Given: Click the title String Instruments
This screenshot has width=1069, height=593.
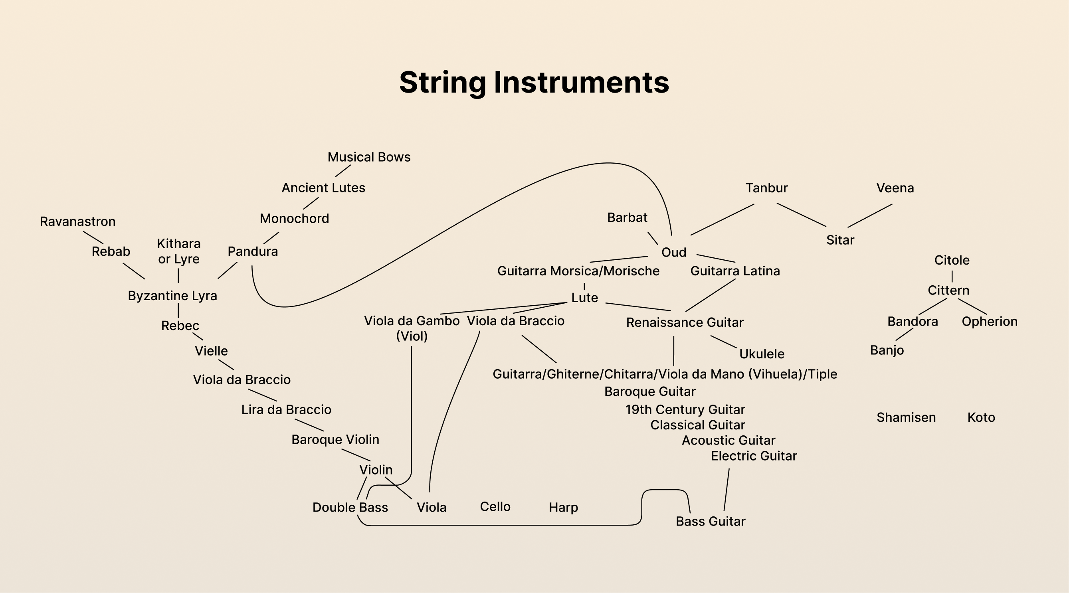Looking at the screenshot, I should [x=534, y=82].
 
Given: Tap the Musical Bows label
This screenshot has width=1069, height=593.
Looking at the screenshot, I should [x=369, y=157].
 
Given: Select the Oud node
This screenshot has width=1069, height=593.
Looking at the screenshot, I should [x=673, y=252].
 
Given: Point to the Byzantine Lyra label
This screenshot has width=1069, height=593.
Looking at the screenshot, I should [x=172, y=296].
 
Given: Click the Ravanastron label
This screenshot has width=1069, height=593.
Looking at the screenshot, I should [x=77, y=221].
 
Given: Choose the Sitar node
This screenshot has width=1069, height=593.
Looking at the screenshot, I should [x=840, y=240].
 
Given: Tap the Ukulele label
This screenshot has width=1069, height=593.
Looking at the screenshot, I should [x=762, y=354].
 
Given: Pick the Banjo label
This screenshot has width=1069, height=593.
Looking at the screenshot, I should [x=887, y=350].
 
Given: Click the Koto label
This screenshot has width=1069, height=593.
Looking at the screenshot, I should [x=981, y=417].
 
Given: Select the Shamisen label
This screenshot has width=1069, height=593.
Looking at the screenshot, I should [x=906, y=417].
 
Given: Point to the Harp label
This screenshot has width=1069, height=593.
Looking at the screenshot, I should [x=563, y=508].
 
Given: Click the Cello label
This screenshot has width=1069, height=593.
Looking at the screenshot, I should [x=495, y=507].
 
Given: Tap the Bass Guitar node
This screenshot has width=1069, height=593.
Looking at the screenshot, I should [x=711, y=522].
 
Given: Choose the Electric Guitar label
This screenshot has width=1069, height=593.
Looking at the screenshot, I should [x=754, y=456].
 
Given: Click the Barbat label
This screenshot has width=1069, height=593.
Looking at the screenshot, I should [x=627, y=217].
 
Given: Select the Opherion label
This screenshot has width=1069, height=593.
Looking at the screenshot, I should [x=989, y=322].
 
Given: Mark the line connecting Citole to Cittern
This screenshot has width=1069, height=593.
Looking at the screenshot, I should [x=952, y=276].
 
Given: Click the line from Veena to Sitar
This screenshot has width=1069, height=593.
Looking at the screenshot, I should [x=869, y=216].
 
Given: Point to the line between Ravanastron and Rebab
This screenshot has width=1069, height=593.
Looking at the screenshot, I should [x=93, y=237].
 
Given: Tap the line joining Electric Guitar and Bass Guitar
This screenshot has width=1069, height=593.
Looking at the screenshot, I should [x=727, y=490].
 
